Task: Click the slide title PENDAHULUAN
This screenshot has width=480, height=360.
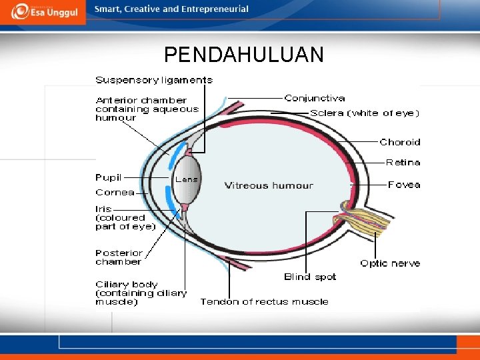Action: tap(243, 54)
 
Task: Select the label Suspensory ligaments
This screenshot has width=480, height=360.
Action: tap(154, 80)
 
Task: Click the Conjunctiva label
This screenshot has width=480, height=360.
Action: tap(314, 98)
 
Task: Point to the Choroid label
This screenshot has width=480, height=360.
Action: tap(400, 142)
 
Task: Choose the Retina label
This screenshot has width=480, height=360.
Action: tap(403, 162)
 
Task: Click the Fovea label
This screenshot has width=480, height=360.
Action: tap(404, 185)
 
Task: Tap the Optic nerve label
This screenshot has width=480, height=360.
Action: tap(390, 263)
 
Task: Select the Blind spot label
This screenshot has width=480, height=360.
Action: tap(310, 277)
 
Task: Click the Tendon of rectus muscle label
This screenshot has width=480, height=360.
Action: tap(264, 301)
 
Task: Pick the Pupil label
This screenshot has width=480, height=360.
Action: tap(108, 177)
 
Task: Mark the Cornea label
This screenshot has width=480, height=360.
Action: tap(115, 193)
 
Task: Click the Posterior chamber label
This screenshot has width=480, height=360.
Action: tap(119, 257)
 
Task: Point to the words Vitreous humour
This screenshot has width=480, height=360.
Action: tap(269, 185)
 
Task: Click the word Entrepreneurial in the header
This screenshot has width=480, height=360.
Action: tap(216, 9)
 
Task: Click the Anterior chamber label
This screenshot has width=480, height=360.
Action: tap(141, 100)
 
